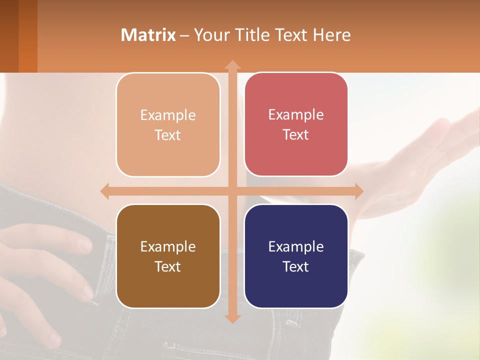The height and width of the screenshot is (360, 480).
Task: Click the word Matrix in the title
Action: pos(148,35)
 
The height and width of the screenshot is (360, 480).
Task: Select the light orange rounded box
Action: pos(168,125)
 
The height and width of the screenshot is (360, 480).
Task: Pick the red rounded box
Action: pos(296,124)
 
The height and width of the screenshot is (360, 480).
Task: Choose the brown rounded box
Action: pos(168,256)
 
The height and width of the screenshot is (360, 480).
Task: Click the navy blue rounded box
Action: pos(296,256)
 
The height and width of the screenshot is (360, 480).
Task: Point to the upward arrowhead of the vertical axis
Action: pos(232,64)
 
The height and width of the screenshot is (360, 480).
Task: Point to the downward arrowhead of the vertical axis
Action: pos(232,318)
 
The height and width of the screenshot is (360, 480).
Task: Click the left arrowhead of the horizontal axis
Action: pos(105,191)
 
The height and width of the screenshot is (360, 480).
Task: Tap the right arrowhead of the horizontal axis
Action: pos(358,191)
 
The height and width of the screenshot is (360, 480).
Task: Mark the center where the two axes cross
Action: pos(232,191)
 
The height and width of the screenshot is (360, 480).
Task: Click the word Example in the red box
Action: pos(296,114)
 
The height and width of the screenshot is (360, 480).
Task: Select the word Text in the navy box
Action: pos(296,266)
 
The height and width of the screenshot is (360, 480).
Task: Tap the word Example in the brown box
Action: pos(168,246)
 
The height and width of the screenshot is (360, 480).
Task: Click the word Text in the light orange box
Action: pos(168,135)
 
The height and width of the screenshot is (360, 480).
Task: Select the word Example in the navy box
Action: pos(296,246)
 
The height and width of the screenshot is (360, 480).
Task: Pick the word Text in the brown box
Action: pos(168,266)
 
